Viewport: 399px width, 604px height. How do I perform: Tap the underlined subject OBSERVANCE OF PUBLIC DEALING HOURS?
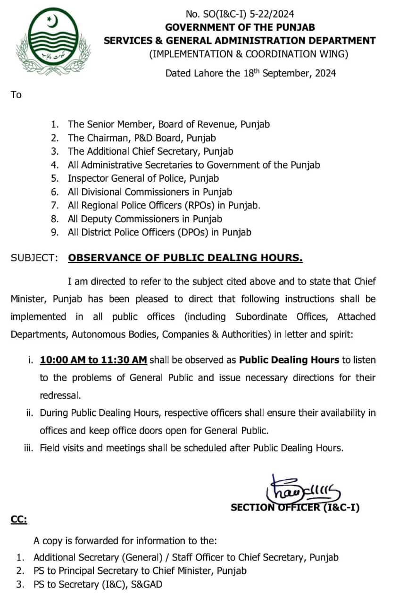pos(185,258)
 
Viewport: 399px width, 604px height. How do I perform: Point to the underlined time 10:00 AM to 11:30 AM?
pos(93,360)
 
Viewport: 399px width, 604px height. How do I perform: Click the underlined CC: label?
pos(19,520)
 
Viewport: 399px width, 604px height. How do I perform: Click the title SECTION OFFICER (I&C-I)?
pos(295,508)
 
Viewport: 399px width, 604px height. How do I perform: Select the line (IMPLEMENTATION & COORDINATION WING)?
pos(249,54)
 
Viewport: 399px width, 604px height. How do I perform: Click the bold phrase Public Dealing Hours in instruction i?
pos(289,360)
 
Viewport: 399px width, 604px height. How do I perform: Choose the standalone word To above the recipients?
pos(16,95)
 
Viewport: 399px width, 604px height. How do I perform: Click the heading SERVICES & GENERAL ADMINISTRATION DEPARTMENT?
pos(240,41)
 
